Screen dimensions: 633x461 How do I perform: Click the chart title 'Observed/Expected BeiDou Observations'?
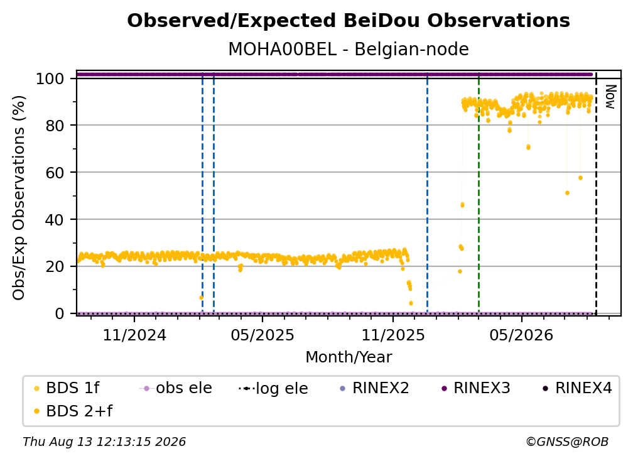(x=349, y=21)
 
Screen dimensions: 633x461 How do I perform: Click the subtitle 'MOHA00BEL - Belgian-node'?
(x=349, y=49)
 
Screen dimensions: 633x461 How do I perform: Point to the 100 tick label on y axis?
(x=50, y=79)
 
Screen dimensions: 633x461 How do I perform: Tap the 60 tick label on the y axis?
(x=55, y=172)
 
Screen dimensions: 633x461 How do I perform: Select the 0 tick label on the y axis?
(x=60, y=313)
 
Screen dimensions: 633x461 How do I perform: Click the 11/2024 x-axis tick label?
(x=134, y=335)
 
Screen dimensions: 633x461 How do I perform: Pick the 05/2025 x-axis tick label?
(x=262, y=335)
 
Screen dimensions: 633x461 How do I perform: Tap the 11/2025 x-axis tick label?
(x=393, y=335)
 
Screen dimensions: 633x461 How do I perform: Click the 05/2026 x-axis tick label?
(x=521, y=335)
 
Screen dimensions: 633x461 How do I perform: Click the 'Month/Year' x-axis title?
(x=349, y=357)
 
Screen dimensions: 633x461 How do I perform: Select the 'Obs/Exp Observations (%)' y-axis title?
(x=19, y=198)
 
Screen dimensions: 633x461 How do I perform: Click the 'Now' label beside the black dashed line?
(x=610, y=97)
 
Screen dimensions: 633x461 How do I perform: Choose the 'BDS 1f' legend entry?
(x=67, y=388)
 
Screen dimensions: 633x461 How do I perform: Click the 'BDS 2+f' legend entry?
(x=73, y=411)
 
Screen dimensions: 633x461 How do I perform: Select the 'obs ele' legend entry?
(x=175, y=388)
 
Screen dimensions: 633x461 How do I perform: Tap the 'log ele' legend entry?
(x=273, y=388)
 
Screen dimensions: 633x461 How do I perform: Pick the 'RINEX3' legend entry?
(x=476, y=388)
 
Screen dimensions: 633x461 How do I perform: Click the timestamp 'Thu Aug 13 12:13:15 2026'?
(x=104, y=442)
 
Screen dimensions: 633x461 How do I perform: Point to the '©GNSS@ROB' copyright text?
(x=567, y=442)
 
